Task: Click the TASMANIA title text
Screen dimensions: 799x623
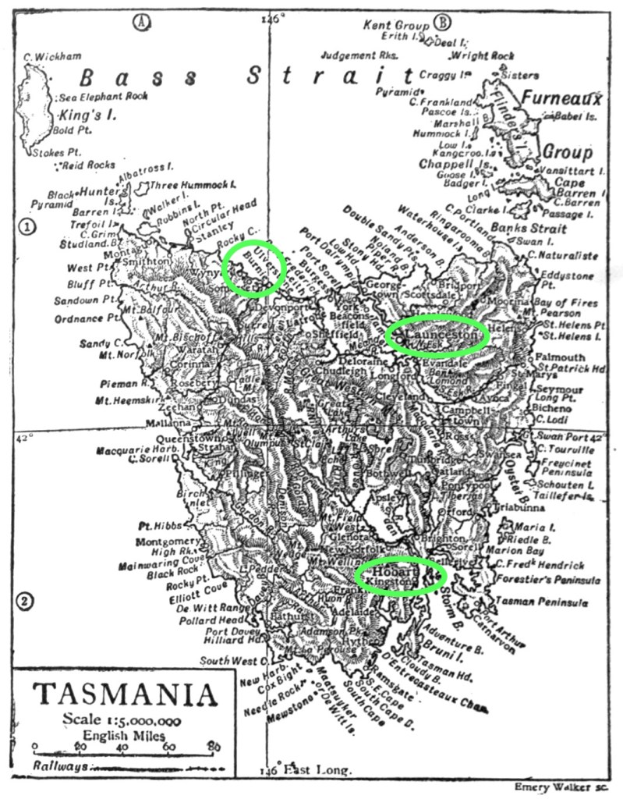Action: tap(125, 694)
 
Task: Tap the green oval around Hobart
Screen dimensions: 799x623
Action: tap(400, 576)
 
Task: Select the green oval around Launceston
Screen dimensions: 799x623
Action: tap(437, 336)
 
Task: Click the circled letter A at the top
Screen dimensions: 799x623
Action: tap(141, 23)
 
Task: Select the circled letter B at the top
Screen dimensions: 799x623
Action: tap(444, 23)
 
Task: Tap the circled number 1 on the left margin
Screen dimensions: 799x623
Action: tap(27, 227)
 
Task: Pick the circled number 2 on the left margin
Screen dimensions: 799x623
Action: tap(27, 601)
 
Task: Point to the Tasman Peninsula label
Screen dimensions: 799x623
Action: tap(546, 602)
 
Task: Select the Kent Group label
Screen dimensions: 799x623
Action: tap(398, 25)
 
